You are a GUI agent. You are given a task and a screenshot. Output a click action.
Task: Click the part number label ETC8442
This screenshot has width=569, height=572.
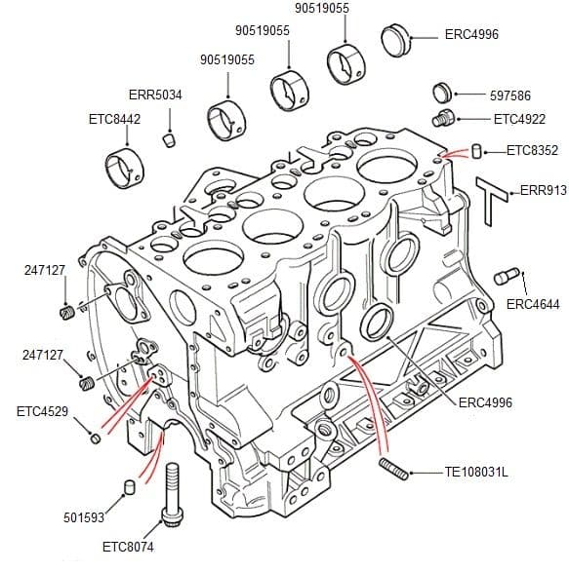point(114,119)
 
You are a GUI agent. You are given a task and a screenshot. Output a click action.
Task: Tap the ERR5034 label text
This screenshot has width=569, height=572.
point(155,95)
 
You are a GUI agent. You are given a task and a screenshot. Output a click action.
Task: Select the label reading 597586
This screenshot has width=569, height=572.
point(511,95)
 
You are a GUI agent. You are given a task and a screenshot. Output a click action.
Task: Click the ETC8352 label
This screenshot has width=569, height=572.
point(532,150)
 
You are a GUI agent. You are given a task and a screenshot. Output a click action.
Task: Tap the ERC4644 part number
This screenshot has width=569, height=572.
point(533,304)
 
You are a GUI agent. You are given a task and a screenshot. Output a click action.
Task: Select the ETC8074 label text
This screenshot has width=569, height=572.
point(128,548)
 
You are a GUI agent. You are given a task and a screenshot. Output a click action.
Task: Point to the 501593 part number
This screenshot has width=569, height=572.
point(84,517)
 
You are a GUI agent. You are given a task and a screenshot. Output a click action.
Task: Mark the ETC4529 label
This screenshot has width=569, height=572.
point(42,411)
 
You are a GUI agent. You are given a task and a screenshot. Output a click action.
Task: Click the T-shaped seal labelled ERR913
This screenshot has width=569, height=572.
point(492,199)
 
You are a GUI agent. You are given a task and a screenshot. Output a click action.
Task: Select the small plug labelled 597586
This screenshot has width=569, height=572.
point(441,94)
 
